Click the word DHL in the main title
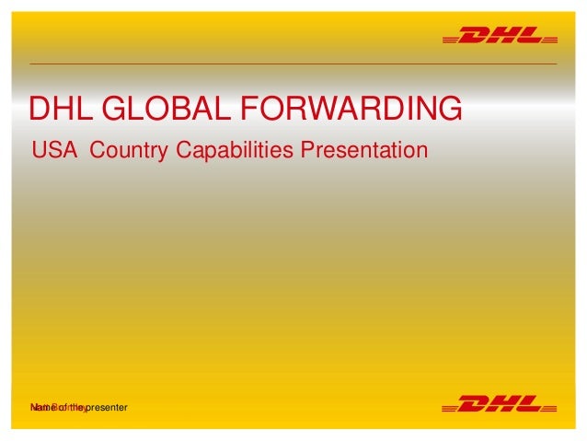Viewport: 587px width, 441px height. [63, 109]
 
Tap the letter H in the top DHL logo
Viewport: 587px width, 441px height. [501, 38]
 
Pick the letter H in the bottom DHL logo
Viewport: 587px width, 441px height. [501, 402]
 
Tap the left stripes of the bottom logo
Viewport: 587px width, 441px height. [450, 405]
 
